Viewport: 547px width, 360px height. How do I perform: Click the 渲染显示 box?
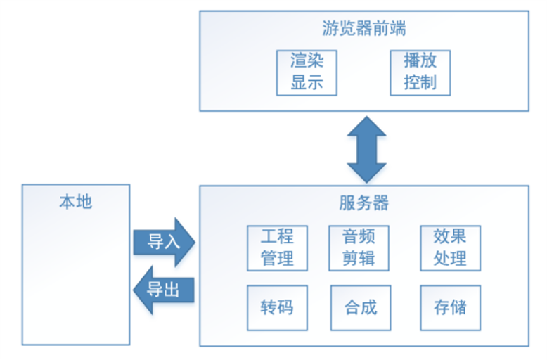[307, 72]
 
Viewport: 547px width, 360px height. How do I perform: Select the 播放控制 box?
[420, 72]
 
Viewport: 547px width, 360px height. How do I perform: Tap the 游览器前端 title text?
[363, 29]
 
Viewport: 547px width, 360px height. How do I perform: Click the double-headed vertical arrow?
[367, 149]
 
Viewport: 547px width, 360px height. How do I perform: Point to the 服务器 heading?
[363, 204]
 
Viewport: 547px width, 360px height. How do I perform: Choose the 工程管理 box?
[277, 247]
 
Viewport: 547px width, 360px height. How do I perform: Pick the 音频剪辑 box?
[358, 247]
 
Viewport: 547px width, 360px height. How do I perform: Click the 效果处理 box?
[450, 247]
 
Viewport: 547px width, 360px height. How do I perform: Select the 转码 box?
[277, 307]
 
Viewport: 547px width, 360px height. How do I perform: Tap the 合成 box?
[360, 307]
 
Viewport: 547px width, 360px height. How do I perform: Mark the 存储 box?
[450, 307]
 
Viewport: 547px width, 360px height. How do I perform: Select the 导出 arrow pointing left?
[164, 289]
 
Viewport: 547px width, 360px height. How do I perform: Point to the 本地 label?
[75, 203]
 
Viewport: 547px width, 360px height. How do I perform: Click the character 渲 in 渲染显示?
[298, 61]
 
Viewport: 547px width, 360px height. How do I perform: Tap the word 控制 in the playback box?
[420, 83]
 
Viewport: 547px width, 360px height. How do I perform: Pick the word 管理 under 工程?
[277, 258]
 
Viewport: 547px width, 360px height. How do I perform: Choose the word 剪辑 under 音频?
[358, 258]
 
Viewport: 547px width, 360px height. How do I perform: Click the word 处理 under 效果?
[450, 258]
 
